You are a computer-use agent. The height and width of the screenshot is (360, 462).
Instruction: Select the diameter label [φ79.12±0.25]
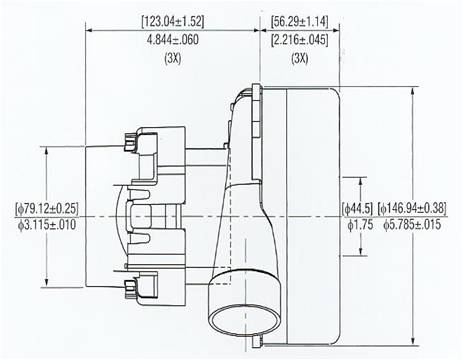pos(47,208)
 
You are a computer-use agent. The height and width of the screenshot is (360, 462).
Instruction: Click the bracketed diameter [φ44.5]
pos(357,208)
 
